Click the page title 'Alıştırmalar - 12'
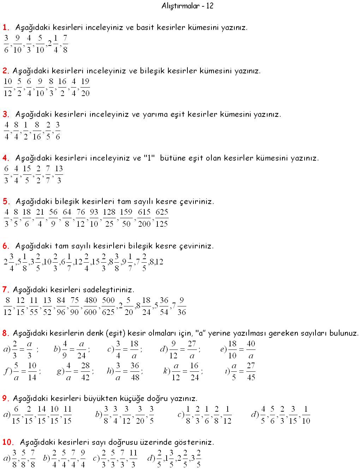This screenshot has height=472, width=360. coord(187,6)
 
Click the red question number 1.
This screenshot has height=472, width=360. coord(6,27)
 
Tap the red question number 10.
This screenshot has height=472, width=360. coord(8,442)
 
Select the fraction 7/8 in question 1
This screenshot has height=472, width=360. coord(65,44)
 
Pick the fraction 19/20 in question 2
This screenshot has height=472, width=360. coord(85,87)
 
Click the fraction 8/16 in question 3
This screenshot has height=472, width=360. coord(37,131)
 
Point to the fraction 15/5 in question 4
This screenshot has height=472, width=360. coord(27,174)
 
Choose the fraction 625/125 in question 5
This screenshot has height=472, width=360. coord(161,218)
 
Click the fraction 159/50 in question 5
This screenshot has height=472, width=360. coord(126,218)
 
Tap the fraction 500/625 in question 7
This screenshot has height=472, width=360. coord(108,306)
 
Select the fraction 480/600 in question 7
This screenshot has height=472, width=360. coord(90,306)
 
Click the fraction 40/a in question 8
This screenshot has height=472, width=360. coord(251,349)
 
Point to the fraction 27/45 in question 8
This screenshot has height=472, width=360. coord(251,371)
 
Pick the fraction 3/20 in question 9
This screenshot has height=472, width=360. coord(140,415)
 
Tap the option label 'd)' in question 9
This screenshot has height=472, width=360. coord(254,414)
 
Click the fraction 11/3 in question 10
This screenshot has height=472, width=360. coord(133,459)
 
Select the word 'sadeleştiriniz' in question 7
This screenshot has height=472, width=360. coord(108,290)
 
